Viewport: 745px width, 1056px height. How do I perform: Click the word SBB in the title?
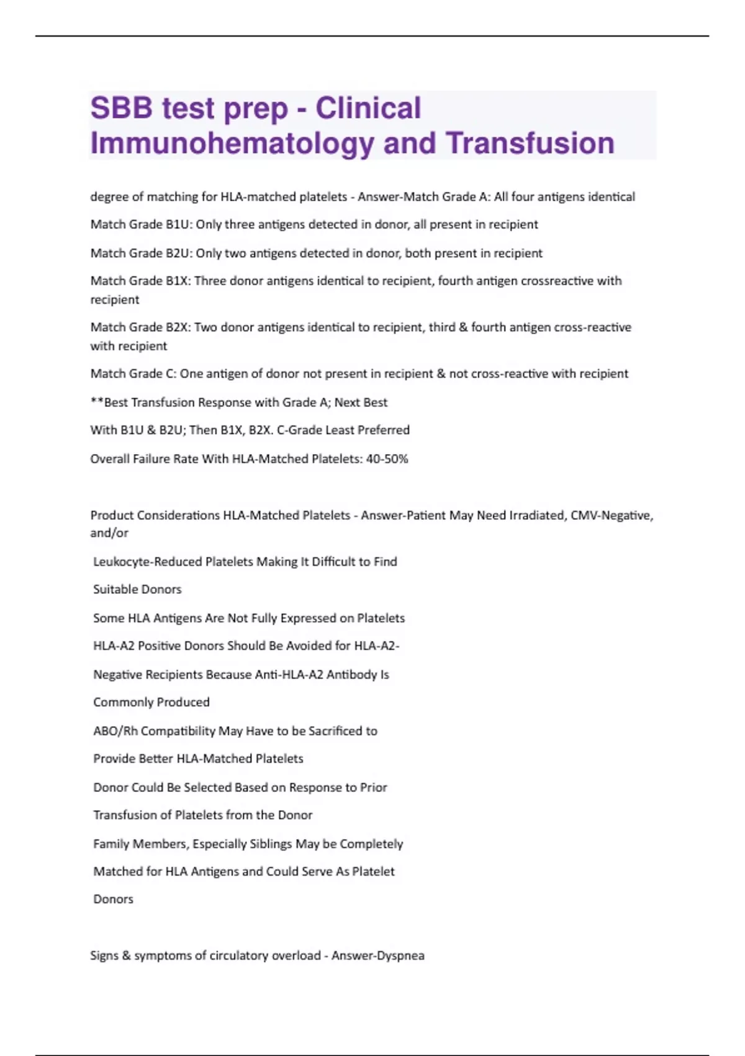click(x=121, y=108)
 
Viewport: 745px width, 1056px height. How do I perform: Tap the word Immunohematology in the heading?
click(x=232, y=143)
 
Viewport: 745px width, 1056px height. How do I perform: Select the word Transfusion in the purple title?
click(x=530, y=143)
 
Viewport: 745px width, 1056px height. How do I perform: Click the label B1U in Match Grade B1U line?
click(x=179, y=224)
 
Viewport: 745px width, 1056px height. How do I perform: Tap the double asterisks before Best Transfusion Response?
click(x=97, y=402)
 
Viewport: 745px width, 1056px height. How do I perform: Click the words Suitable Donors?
click(x=137, y=589)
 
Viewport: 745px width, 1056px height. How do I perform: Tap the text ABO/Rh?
click(x=115, y=731)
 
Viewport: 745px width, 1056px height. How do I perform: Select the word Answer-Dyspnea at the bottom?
click(x=377, y=955)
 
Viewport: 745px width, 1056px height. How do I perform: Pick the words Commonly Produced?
click(x=151, y=702)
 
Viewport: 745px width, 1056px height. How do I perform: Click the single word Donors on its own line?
click(x=113, y=899)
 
